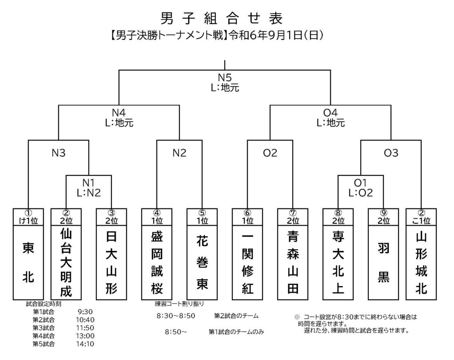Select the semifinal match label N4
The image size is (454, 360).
coord(119,113)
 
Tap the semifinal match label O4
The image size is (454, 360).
coord(330,113)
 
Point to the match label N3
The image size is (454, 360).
coord(58,153)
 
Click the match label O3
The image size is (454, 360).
coord(391,153)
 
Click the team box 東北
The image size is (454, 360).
coord(28,262)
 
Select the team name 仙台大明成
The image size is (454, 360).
coord(66,262)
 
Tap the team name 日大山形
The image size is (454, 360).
coord(111,262)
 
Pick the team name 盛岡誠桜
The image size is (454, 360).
coord(157,262)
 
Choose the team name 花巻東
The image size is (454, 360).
coord(202,262)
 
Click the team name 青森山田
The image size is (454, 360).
coord(293,262)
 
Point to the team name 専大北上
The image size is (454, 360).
coord(338,262)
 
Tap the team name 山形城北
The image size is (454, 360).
coord(421,262)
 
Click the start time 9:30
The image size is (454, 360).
coord(84,312)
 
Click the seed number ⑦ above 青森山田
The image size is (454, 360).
coord(293,212)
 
